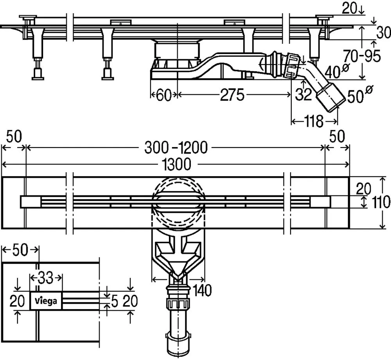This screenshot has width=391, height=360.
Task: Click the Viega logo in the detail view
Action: (x=46, y=301)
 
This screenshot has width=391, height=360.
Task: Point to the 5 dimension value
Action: (x=114, y=301)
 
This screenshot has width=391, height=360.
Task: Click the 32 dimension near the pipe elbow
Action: (x=304, y=95)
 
